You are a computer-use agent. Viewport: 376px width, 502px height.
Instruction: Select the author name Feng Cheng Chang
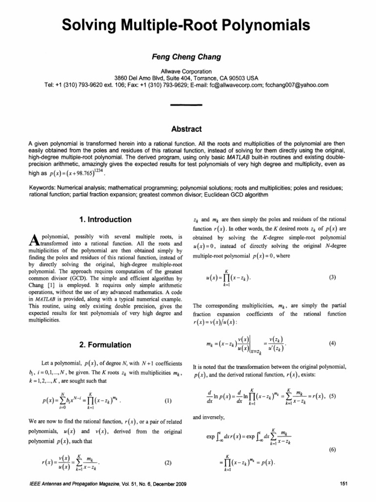pyautogui.click(x=188, y=57)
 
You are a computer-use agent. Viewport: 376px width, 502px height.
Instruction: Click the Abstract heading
pyautogui.click(x=188, y=129)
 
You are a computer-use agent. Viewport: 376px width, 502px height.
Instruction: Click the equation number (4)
pyautogui.click(x=332, y=344)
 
